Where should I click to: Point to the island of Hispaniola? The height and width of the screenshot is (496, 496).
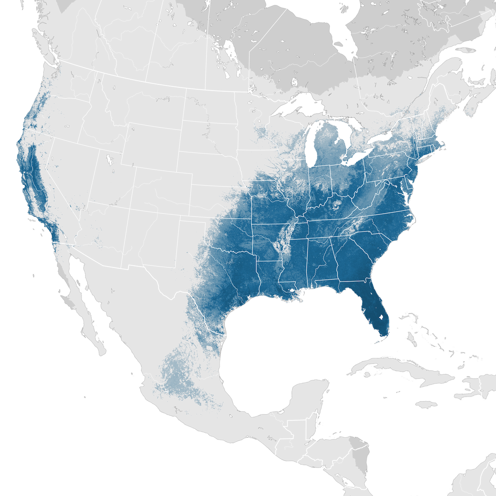475,389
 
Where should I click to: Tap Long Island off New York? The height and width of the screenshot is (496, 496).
430,157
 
